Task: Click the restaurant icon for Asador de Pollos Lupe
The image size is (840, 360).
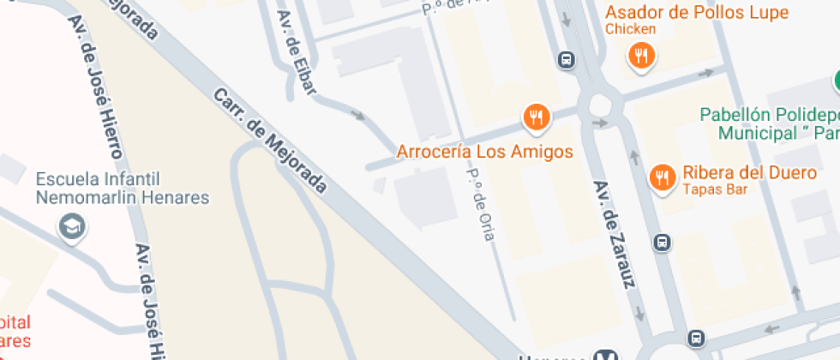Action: pos(640,57)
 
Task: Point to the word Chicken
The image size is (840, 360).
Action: pos(630,29)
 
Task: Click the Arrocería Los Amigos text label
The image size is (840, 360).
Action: pos(483,152)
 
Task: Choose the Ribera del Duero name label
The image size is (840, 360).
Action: pos(749,172)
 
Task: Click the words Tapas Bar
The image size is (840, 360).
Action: pos(711,189)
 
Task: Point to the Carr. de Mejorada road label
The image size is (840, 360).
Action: pos(270,140)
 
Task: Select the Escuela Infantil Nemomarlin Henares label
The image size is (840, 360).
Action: pos(123,189)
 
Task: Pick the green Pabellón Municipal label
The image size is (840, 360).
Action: pos(768,124)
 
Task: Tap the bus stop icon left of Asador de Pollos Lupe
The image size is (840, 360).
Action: pos(566,60)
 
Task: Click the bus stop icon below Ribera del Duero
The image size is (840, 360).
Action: pos(662,243)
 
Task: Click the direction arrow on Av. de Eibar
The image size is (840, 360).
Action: pos(358,116)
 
